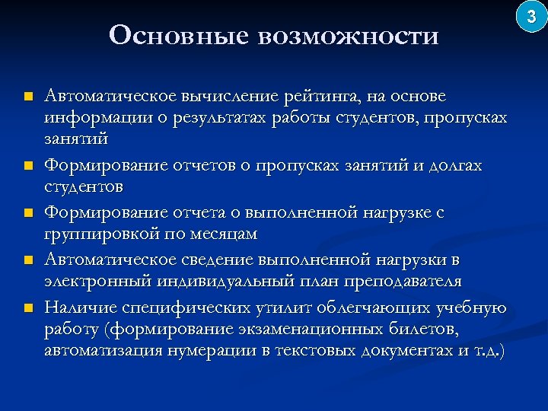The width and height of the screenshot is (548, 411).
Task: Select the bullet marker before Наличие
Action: (28, 307)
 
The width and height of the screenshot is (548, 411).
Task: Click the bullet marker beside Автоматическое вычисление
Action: (28, 97)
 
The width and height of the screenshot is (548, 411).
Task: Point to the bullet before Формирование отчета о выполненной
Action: (28, 213)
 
